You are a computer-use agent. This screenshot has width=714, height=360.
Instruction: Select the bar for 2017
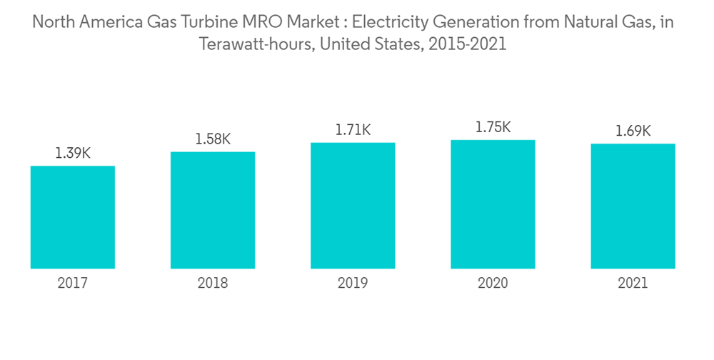click(73, 217)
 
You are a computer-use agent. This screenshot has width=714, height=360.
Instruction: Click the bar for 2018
click(213, 210)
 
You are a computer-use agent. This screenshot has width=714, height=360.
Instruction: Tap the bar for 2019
click(353, 206)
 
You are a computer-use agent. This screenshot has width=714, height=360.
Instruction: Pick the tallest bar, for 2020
click(493, 204)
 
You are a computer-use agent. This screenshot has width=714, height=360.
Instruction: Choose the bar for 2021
click(633, 206)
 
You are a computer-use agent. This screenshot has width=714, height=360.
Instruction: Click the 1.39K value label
click(73, 154)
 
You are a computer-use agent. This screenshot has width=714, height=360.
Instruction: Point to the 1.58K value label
click(213, 139)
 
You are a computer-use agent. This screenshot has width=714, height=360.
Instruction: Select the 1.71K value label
click(353, 130)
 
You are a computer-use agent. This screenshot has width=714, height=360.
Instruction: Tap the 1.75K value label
click(493, 127)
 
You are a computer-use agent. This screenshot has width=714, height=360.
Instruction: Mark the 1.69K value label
click(633, 131)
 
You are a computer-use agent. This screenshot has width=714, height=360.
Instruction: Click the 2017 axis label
click(73, 284)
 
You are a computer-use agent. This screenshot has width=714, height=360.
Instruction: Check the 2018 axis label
click(213, 284)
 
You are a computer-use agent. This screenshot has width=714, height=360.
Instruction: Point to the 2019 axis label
click(353, 284)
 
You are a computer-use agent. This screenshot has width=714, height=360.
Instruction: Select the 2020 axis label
click(493, 284)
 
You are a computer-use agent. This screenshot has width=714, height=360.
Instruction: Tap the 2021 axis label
click(633, 284)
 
